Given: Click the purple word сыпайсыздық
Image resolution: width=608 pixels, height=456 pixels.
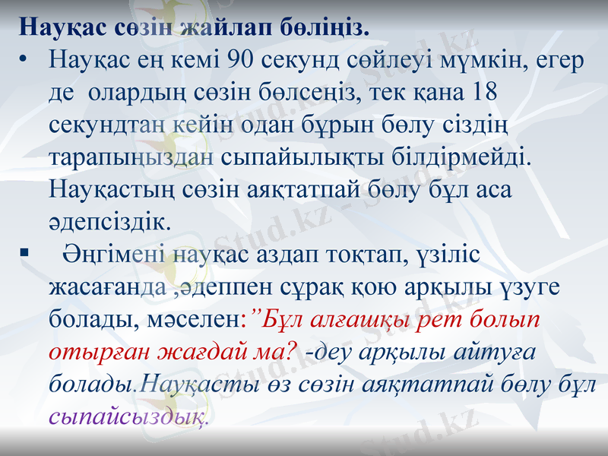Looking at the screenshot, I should [x=127, y=417].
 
